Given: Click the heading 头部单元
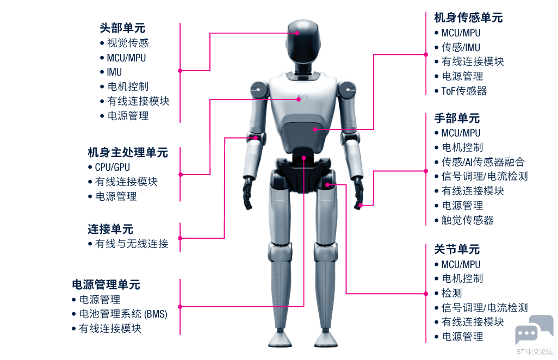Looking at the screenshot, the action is click(x=122, y=28).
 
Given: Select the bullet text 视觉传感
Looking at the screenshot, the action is click(x=128, y=43).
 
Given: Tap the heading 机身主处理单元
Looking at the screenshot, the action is click(x=128, y=153).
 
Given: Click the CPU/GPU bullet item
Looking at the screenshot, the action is click(x=113, y=167).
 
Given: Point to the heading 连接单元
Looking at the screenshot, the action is click(x=110, y=229).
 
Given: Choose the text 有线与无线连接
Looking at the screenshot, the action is click(x=132, y=244).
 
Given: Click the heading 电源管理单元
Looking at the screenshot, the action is click(x=106, y=284).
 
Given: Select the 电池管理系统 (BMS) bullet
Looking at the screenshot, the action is click(x=123, y=314).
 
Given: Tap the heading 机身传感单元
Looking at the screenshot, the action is click(x=468, y=17).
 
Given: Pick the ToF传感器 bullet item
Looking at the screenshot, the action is click(x=464, y=91).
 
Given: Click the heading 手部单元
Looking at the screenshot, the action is click(x=457, y=118).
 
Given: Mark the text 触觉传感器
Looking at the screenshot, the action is click(x=468, y=220).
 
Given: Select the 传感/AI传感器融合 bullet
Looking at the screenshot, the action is click(x=483, y=162).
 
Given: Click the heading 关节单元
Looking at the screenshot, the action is click(x=457, y=250).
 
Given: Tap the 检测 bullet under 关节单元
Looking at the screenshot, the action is click(x=451, y=293).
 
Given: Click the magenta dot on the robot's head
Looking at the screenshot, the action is click(x=297, y=33).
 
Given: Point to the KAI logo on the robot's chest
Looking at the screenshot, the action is click(x=303, y=96).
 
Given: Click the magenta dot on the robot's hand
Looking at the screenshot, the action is click(x=361, y=205).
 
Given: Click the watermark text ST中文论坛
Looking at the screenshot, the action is click(x=535, y=351).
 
